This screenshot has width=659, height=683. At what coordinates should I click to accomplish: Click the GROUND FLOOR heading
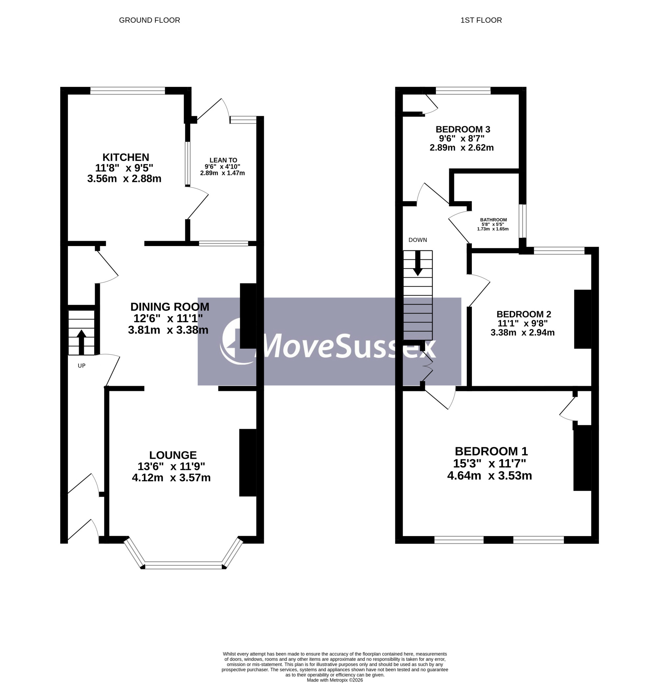pyautogui.click(x=150, y=20)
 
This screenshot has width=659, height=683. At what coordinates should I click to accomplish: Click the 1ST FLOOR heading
pyautogui.click(x=481, y=20)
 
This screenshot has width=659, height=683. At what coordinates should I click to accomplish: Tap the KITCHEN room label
pyautogui.click(x=126, y=157)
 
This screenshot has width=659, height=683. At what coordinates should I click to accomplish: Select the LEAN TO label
pyautogui.click(x=223, y=160)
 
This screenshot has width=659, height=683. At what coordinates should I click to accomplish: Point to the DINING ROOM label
pyautogui.click(x=170, y=307)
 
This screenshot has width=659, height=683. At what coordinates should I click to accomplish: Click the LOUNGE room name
pyautogui.click(x=173, y=455)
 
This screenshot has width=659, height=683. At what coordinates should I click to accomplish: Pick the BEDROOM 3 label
pyautogui.click(x=463, y=129)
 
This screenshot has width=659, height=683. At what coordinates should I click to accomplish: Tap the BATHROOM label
pyautogui.click(x=493, y=220)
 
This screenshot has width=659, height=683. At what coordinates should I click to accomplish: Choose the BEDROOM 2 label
pyautogui.click(x=524, y=314)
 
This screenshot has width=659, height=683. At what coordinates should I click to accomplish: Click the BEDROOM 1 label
pyautogui.click(x=491, y=451)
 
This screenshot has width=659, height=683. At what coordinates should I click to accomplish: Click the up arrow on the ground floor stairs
pyautogui.click(x=81, y=342)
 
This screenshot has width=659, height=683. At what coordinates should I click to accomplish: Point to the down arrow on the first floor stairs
pyautogui.click(x=418, y=263)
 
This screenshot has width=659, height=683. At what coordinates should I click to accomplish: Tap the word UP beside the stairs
pyautogui.click(x=82, y=366)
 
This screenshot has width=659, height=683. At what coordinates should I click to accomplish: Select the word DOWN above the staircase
pyautogui.click(x=418, y=240)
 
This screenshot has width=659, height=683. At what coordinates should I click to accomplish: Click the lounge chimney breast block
pyautogui.click(x=248, y=462)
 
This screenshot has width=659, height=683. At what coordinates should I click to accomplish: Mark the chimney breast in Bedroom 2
pyautogui.click(x=583, y=319)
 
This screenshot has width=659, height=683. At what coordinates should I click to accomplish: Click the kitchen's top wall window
pyautogui.click(x=128, y=91)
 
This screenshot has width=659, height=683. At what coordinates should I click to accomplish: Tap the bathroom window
pyautogui.click(x=522, y=221)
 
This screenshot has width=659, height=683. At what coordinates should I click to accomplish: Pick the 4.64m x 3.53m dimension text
pyautogui.click(x=490, y=476)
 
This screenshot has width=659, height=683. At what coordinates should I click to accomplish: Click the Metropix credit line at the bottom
pyautogui.click(x=335, y=680)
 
